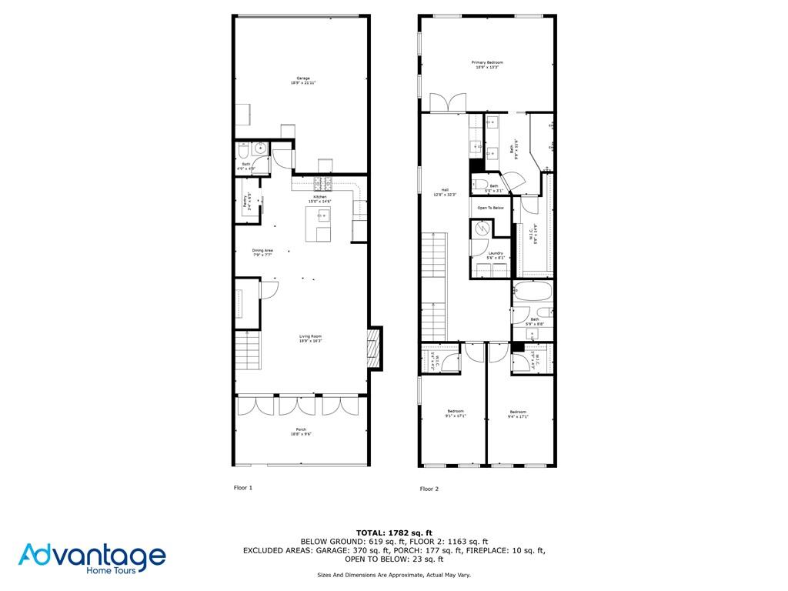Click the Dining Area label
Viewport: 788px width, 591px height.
262,252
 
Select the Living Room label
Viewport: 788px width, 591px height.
310,338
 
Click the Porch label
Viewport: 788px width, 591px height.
301,432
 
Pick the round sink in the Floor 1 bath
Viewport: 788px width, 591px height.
261,149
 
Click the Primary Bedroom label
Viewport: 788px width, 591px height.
487,65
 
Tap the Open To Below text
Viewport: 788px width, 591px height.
490,208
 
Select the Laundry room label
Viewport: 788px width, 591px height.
496,255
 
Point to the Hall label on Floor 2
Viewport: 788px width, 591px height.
445,192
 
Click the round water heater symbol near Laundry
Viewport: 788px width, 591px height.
481,229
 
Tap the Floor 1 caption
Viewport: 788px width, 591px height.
242,488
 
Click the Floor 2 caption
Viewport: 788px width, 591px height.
429,489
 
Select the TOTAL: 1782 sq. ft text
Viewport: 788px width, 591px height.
394,533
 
